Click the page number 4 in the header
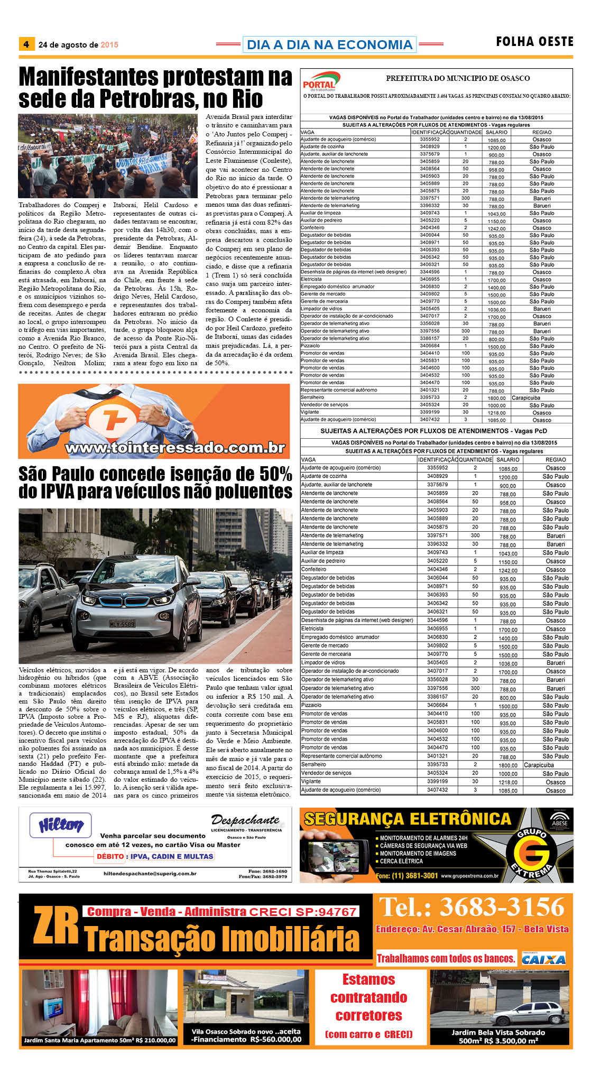tap(26, 44)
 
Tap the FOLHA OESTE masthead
tap(534, 42)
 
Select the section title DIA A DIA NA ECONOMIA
tap(329, 44)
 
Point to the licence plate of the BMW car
tap(122, 624)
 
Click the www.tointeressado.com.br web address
tap(175, 448)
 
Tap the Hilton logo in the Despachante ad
tap(61, 825)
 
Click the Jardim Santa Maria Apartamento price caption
tap(99, 1040)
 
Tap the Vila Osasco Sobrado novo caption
tap(246, 1035)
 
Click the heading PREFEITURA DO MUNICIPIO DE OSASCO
tap(458, 78)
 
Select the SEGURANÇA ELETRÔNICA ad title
tap(408, 819)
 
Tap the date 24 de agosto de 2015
tap(78, 45)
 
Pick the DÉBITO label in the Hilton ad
tap(110, 856)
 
